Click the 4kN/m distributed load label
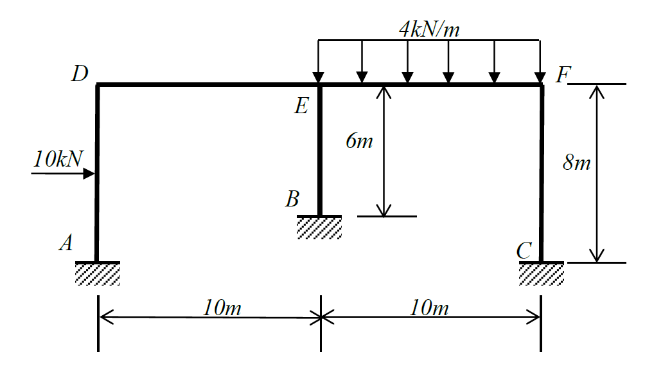coord(429,29)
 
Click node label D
coord(80,75)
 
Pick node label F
coord(563,75)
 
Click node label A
coord(66,242)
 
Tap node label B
coord(292,199)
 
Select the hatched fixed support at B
coord(319,227)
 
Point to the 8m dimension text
coord(576,163)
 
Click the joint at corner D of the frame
coord(98,84)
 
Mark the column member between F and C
coord(542,174)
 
